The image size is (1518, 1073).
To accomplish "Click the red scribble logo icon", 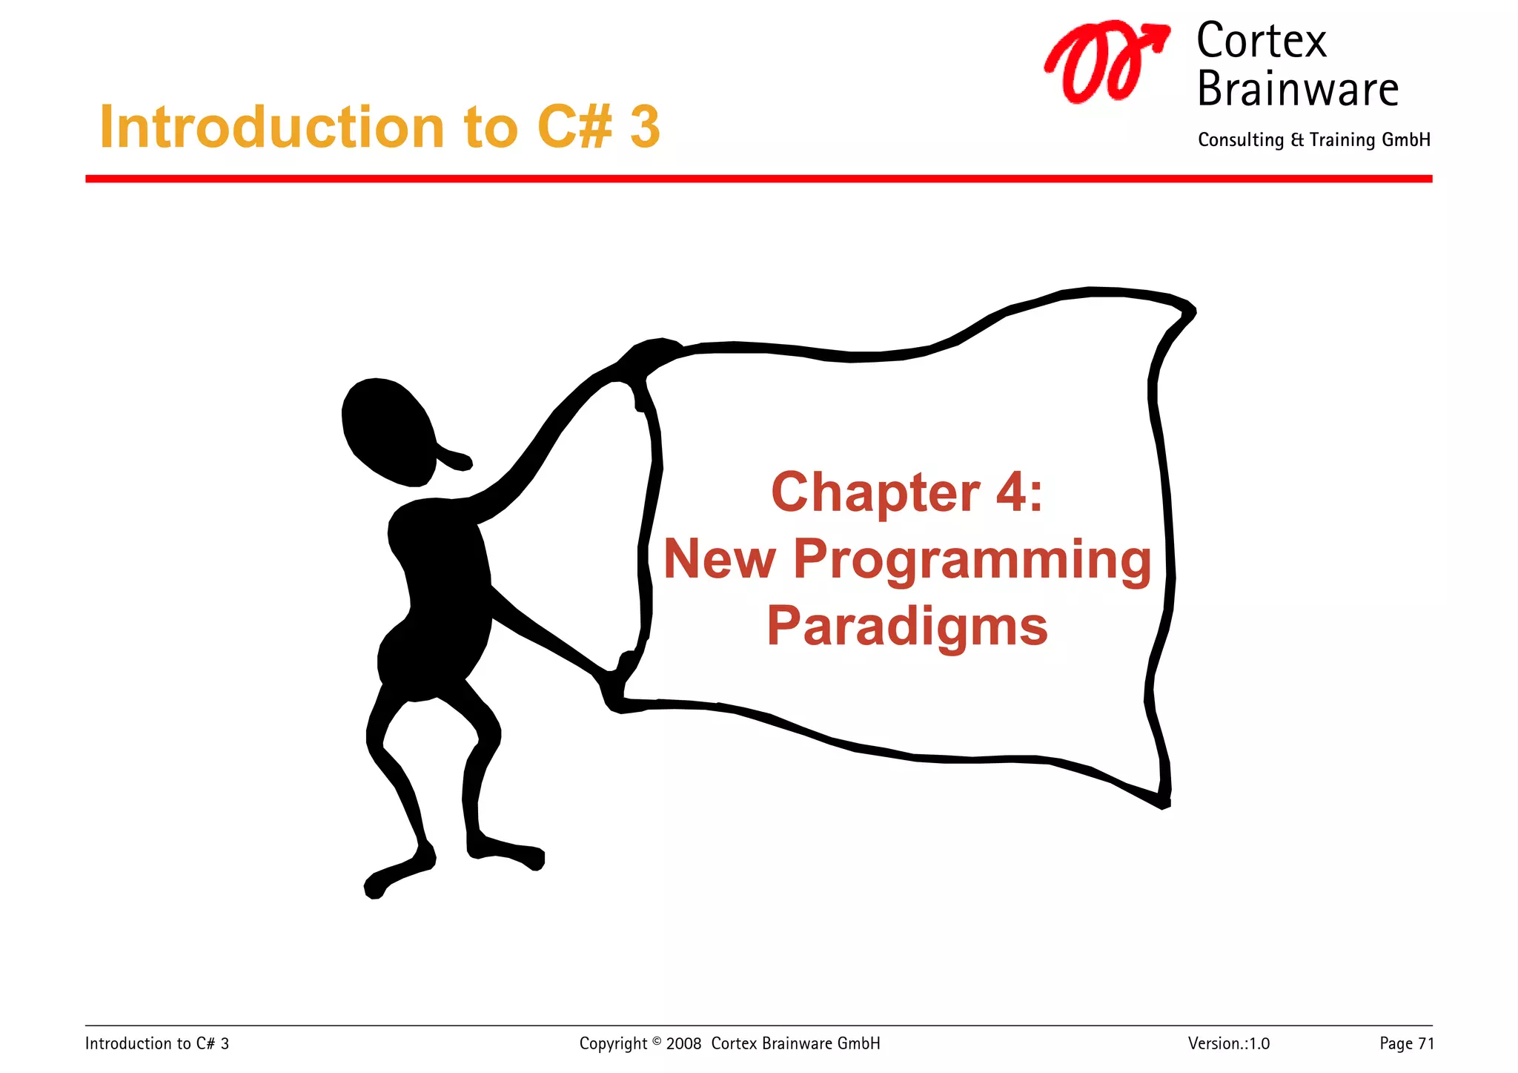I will pos(1104,63).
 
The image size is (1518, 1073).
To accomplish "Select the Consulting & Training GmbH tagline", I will pos(1313,140).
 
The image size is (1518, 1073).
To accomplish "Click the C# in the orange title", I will pos(575,127).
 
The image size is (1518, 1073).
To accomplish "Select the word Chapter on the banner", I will pos(875,492).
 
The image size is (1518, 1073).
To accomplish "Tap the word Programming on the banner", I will pos(972,561).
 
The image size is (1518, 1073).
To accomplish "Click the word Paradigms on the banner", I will pos(907,627).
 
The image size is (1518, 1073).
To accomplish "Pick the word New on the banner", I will pos(719,559).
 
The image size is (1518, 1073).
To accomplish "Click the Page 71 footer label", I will pos(1406,1043).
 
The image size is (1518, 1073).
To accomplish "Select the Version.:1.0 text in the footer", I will pos(1228,1043).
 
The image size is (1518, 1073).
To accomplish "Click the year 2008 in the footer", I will pos(683,1044).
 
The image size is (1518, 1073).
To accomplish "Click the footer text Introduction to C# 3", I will pos(157,1043).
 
